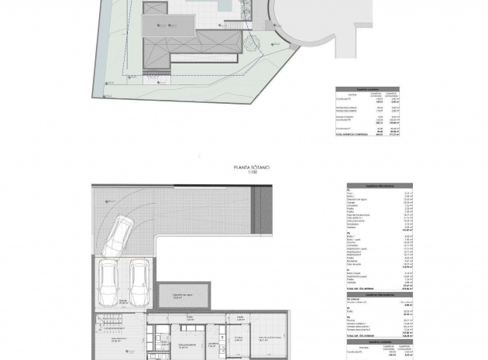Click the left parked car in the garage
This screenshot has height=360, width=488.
coord(107,283)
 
